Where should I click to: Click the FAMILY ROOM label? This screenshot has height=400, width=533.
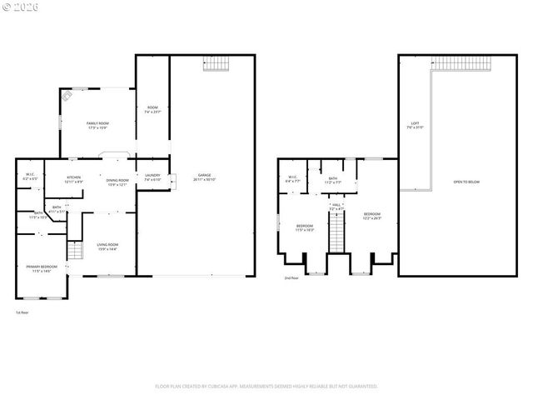[97, 125]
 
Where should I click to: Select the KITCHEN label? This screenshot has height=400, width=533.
[73, 178]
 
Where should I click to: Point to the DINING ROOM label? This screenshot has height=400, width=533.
[117, 182]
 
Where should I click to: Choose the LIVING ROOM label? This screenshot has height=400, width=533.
[108, 246]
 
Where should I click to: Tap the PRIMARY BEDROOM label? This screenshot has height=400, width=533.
[42, 268]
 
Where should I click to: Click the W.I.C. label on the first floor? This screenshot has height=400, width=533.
[29, 177]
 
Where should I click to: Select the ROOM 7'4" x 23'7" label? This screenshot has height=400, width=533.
[152, 109]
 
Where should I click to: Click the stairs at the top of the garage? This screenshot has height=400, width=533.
[216, 65]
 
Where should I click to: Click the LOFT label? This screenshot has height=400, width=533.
[414, 125]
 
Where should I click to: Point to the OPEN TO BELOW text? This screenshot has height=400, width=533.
[466, 182]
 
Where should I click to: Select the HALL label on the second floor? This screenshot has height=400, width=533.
[336, 206]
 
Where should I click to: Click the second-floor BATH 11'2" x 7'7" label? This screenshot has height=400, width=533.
[332, 180]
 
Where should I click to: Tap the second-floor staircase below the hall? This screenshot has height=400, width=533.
[336, 232]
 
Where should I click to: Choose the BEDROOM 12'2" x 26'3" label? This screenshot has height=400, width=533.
[371, 217]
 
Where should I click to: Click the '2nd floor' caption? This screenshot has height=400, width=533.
[291, 277]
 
